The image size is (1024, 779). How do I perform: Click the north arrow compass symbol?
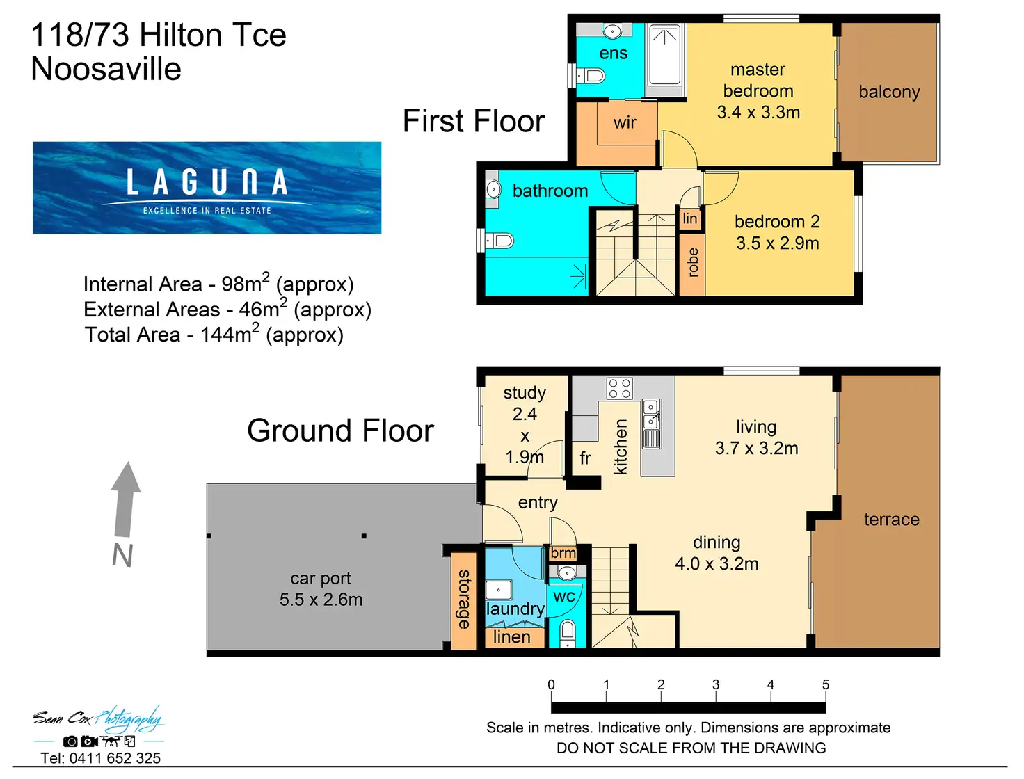125,499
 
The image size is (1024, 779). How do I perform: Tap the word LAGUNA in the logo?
207,182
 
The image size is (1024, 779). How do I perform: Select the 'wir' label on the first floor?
625,122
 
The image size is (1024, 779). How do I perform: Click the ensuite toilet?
590,76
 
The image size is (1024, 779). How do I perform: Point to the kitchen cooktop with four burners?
620,389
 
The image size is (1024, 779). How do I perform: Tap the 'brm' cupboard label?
563,553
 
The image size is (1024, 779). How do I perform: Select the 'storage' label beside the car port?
464,599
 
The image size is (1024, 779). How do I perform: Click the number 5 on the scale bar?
825,684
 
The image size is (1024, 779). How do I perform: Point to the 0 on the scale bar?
551,684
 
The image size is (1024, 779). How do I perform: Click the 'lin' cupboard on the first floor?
690,218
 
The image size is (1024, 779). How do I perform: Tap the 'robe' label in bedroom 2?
693,262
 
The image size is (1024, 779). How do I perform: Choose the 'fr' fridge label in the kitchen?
585,458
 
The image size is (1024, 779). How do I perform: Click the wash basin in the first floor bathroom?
493,190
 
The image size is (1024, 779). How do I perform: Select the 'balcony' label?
889,93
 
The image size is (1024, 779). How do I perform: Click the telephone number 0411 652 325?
115,758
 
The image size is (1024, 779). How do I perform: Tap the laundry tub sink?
498,590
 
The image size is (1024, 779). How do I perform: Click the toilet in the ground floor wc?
567,632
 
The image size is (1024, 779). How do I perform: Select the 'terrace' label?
892,519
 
